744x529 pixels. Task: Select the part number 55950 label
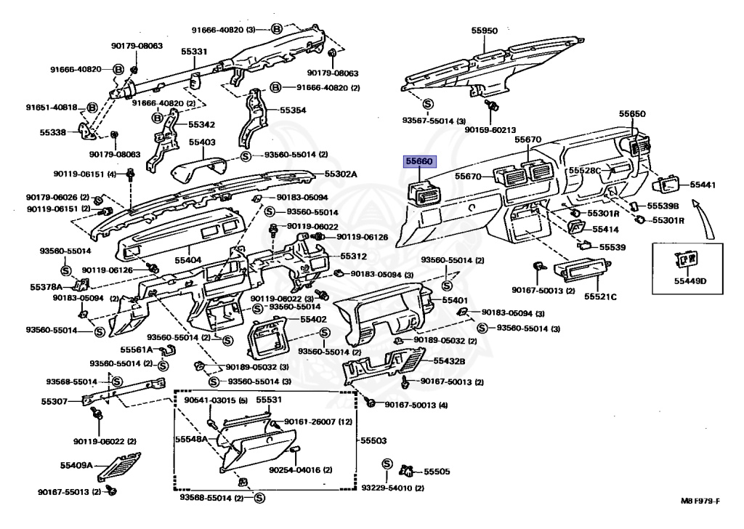click(x=484, y=31)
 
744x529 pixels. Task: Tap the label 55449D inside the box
click(x=690, y=280)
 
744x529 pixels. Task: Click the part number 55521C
click(x=602, y=296)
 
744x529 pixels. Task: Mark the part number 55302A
click(x=341, y=174)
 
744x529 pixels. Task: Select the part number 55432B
click(x=449, y=361)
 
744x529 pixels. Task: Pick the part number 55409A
click(x=76, y=465)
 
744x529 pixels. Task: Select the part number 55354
click(x=294, y=110)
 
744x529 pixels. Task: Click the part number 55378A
click(x=45, y=287)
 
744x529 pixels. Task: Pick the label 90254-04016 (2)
click(x=299, y=470)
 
